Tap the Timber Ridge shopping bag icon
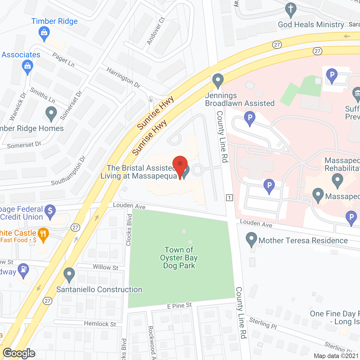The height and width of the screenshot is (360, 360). [x=44, y=33]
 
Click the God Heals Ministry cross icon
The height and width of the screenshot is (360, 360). [x=291, y=10]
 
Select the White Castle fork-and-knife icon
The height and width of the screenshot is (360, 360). [x=43, y=234]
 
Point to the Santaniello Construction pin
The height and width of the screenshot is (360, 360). [x=69, y=274]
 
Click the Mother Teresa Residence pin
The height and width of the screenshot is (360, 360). [x=251, y=239]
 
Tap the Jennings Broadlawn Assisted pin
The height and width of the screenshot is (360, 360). [x=218, y=80]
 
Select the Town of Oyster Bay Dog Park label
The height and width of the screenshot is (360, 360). [x=179, y=258]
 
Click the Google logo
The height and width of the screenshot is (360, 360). [x=19, y=353]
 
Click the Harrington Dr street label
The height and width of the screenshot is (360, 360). [x=123, y=78]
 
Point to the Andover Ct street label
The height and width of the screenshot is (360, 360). [x=156, y=31]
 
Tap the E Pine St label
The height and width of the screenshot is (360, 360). [x=179, y=306]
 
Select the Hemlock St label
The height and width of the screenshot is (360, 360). [x=100, y=324]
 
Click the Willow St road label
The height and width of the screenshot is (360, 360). [x=105, y=267]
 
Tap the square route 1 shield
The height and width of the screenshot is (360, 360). [x=229, y=197]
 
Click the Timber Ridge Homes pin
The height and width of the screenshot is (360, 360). [x=51, y=114]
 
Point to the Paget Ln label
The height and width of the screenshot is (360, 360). [x=63, y=60]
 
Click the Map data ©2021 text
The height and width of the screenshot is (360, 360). [x=336, y=356]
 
